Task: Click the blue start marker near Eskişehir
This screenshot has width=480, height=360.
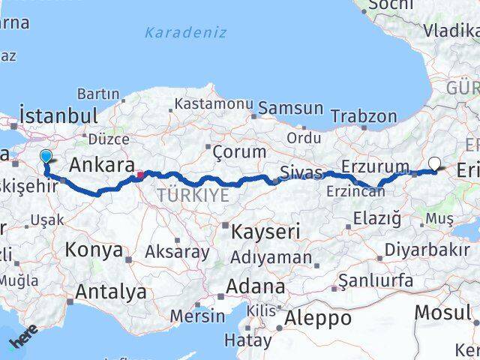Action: pos(46,157)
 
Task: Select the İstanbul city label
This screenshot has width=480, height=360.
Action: pos(58,116)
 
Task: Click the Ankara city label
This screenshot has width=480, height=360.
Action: pos(102,165)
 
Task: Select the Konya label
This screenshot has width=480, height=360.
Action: pos(94,250)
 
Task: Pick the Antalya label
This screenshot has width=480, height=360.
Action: pos(110,290)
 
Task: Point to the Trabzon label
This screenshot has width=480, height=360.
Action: pos(364,116)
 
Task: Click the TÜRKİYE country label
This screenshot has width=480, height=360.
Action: pos(192,195)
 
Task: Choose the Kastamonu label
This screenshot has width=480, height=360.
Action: pos(208,103)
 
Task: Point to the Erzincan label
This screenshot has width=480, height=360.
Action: pos(355,191)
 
